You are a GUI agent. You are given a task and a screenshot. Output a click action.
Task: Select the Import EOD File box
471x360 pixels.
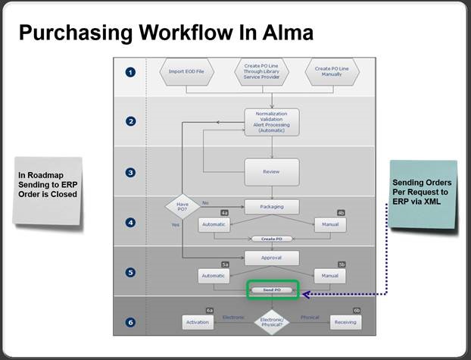(x=186, y=73)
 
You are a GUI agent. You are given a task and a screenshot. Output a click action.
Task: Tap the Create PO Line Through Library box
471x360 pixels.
(x=260, y=72)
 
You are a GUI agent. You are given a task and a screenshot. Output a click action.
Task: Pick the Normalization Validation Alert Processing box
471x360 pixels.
(x=271, y=121)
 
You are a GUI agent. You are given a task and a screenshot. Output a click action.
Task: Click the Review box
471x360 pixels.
(x=271, y=171)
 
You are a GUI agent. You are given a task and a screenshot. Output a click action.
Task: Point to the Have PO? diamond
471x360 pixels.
(x=182, y=207)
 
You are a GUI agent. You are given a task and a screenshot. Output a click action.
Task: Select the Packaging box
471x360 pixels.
(x=271, y=207)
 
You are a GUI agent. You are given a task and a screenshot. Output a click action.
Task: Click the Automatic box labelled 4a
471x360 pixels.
(x=214, y=225)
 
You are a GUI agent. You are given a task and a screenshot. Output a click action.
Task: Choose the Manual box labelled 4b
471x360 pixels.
(x=330, y=225)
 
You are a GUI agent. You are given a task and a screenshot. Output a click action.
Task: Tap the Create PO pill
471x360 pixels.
(x=272, y=238)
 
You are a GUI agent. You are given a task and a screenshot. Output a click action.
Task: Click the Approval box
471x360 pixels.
(x=271, y=258)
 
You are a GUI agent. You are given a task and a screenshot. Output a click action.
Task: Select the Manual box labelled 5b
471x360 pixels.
(x=330, y=276)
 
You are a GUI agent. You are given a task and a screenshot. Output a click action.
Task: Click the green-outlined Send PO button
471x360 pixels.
(x=272, y=290)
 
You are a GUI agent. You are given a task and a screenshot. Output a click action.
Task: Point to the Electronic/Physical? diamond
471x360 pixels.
(x=272, y=322)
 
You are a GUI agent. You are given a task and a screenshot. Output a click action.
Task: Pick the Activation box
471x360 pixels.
(x=198, y=322)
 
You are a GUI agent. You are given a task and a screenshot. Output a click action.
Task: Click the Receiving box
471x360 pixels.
(x=346, y=322)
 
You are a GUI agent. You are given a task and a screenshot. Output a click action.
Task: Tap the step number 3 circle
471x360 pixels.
(x=130, y=172)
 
